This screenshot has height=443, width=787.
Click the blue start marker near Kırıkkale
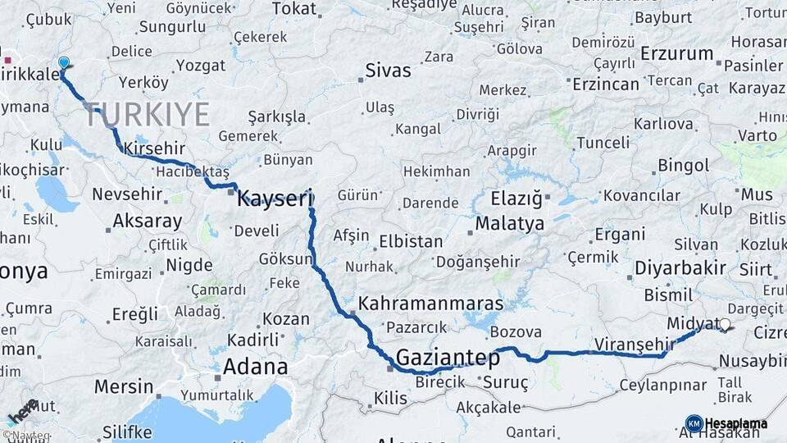tap(64, 62)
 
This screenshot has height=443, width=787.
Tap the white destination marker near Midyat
tap(724, 325)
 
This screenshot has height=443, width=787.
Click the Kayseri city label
tap(275, 198)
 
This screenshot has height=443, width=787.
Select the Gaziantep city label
tap(448, 358)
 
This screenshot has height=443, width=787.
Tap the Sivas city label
tap(388, 71)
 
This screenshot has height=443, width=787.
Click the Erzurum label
tap(676, 53)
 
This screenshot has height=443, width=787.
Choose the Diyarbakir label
tap(680, 267)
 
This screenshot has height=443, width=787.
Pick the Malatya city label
tap(509, 223)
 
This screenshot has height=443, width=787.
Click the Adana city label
tap(256, 366)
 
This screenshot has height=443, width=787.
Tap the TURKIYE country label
tap(147, 115)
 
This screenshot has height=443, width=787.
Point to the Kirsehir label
tap(154, 148)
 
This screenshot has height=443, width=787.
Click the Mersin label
tap(123, 386)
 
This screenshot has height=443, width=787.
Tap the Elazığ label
tap(516, 199)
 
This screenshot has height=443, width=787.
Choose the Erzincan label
tap(605, 84)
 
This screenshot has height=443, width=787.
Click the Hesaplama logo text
tap(735, 423)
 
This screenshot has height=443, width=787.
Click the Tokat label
tap(293, 8)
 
